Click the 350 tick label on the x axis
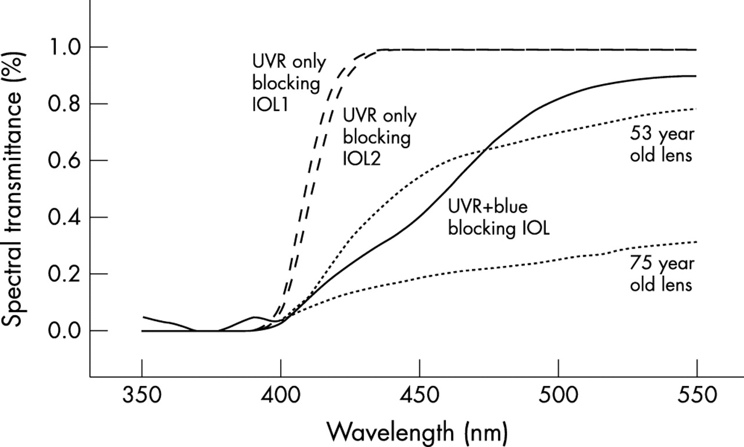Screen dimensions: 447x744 tap(141, 398)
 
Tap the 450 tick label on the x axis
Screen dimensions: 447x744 tap(419, 398)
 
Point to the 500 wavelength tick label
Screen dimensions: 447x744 tap(558, 398)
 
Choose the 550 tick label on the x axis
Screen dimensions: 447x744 tap(696, 398)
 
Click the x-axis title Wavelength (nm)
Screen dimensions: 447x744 tap(417, 432)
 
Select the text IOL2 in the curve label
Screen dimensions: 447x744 tap(362, 158)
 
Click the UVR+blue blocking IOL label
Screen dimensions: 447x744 tap(498, 217)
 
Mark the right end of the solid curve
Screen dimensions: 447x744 tap(696, 76)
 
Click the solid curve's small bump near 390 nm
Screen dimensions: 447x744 tap(255, 317)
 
